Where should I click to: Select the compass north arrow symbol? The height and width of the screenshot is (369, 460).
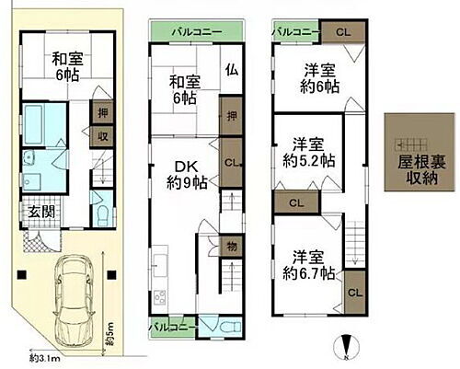point(346,348)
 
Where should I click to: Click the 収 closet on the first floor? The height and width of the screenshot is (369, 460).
point(98,136)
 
